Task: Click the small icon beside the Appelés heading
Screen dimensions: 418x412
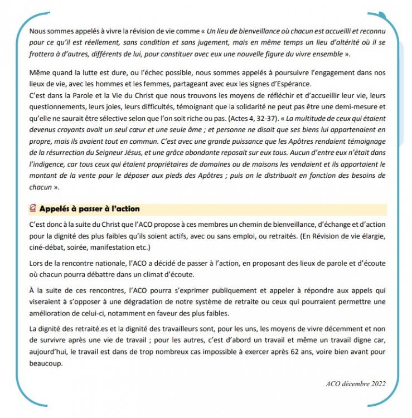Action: coord(33,209)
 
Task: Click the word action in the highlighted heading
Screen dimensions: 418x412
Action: coord(124,209)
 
